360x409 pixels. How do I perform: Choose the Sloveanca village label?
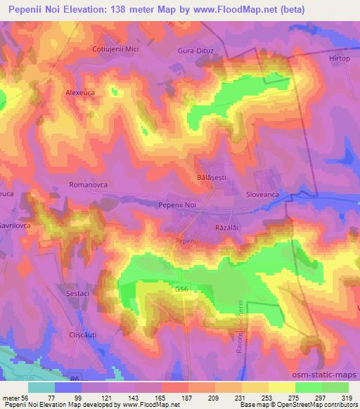pyautogui.click(x=264, y=191)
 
